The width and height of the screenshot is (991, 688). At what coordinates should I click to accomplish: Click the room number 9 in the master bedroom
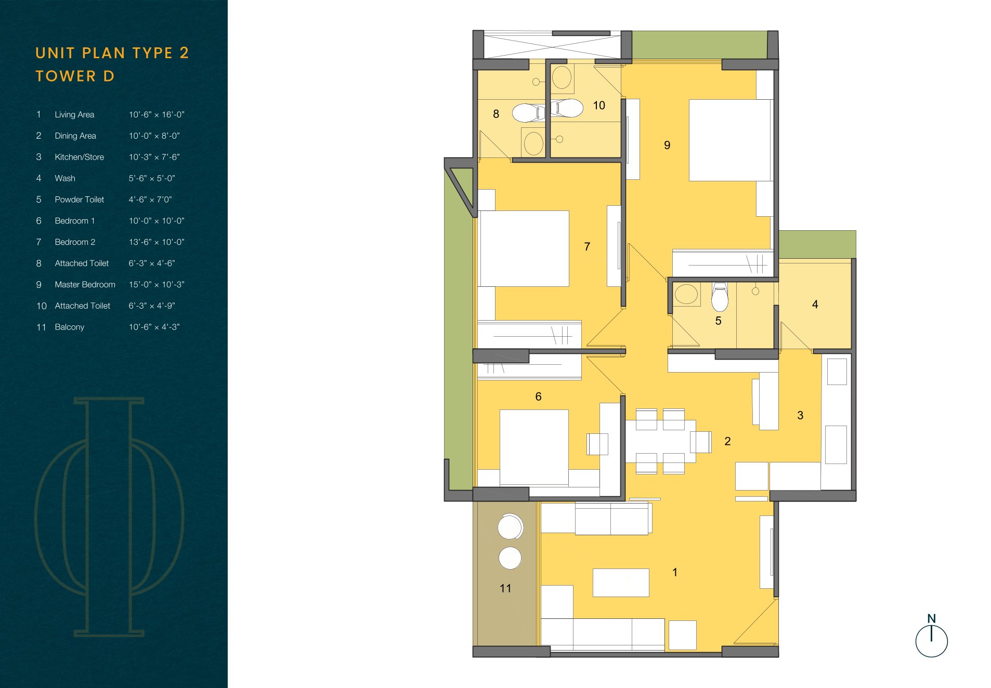[667, 145]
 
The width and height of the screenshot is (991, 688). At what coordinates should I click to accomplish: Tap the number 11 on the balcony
[505, 588]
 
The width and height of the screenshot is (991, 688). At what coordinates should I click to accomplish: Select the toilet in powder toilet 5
[720, 297]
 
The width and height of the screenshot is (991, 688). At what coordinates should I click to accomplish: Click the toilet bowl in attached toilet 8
[528, 112]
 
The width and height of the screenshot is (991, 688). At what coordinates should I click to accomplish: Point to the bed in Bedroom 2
[524, 248]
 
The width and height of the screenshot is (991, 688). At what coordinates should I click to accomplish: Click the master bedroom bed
[730, 140]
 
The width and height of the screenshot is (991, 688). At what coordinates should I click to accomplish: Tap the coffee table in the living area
[621, 583]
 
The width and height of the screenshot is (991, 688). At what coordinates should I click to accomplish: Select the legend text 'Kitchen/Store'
[80, 157]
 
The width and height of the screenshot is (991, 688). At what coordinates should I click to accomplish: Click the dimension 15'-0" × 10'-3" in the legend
[157, 285]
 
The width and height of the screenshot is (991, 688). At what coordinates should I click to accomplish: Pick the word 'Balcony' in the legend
[70, 327]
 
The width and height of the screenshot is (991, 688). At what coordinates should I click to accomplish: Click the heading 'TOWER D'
[75, 76]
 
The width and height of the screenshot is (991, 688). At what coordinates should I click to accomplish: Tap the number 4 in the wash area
[815, 305]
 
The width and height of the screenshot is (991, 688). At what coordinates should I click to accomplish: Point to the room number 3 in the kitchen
[800, 415]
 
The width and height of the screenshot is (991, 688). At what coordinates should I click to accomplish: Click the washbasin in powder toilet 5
[686, 294]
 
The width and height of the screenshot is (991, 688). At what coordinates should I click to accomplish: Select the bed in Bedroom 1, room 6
[534, 447]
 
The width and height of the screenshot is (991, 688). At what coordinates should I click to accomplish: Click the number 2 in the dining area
[727, 441]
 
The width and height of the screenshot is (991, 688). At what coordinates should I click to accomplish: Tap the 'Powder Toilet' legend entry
[80, 200]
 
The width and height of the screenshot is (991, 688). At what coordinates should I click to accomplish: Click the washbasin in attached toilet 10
[562, 78]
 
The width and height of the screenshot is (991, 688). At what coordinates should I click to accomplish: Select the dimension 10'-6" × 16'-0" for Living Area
[157, 115]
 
